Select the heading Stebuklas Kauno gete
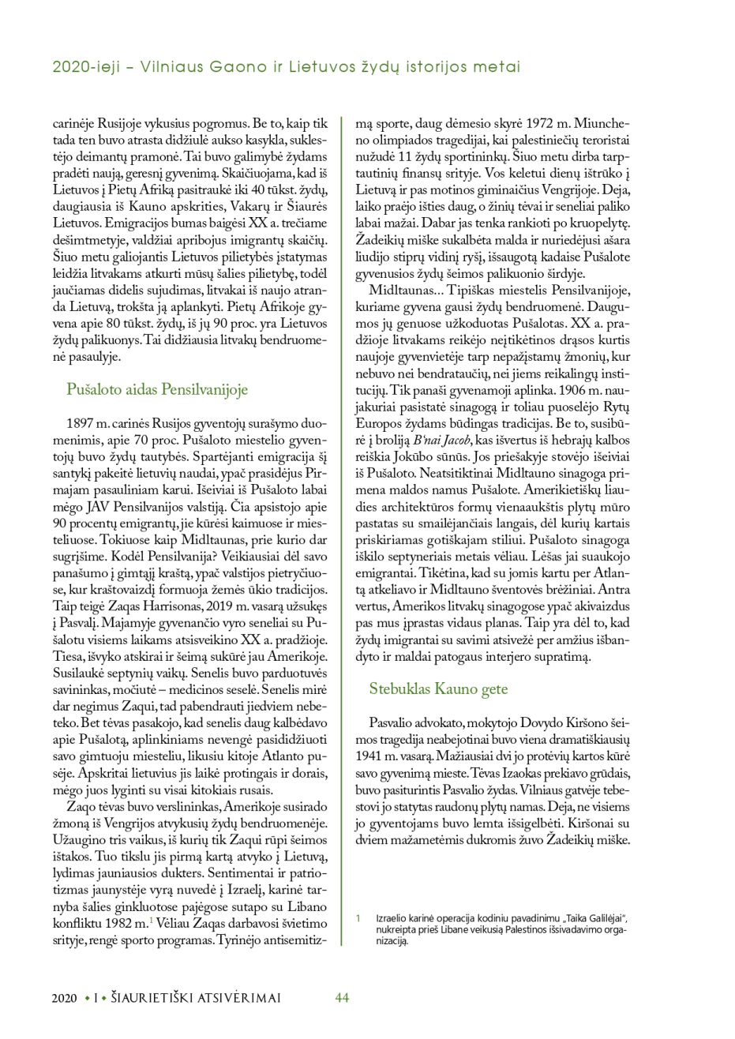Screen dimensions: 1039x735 pos(438,688)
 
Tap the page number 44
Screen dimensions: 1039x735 pos(342,997)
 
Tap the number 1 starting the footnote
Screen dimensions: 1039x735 pos(358,917)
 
